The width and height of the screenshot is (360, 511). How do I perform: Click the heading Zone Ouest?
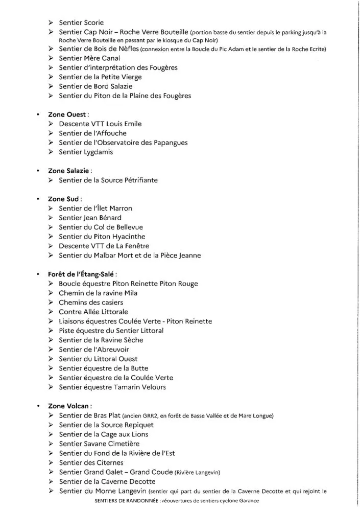click(68, 114)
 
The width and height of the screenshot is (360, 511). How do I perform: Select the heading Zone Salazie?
click(70, 171)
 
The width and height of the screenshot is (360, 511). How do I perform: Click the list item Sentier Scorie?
click(81, 22)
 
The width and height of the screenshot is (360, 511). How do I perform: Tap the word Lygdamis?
click(98, 152)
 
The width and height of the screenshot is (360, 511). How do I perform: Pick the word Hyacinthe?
click(125, 237)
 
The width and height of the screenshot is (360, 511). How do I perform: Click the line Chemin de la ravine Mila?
click(98, 293)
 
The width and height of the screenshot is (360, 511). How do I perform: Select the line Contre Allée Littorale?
click(93, 312)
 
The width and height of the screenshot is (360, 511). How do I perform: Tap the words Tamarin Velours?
click(141, 387)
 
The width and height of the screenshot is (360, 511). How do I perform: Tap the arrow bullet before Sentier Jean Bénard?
click(51, 218)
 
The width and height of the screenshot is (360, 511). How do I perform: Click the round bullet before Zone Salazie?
click(38, 171)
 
